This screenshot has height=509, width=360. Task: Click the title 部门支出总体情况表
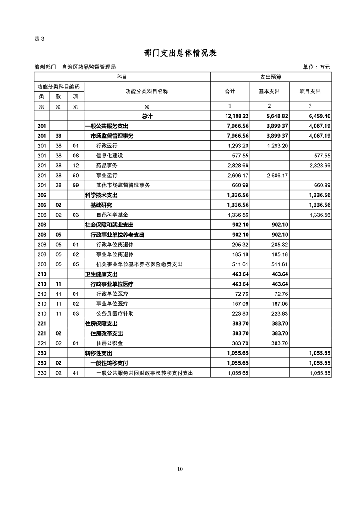(180, 53)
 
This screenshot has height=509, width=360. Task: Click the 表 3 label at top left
(39, 39)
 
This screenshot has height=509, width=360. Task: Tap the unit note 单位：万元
(316, 67)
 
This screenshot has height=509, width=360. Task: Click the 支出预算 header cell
(271, 77)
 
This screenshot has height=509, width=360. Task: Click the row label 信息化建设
(110, 156)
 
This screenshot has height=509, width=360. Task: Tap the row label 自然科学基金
(113, 215)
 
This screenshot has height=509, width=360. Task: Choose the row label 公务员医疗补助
(115, 313)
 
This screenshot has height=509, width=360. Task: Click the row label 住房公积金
(110, 343)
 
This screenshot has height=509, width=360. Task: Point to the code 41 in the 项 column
(75, 373)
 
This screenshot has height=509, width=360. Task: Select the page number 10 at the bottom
(180, 469)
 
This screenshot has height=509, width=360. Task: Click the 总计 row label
(147, 116)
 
